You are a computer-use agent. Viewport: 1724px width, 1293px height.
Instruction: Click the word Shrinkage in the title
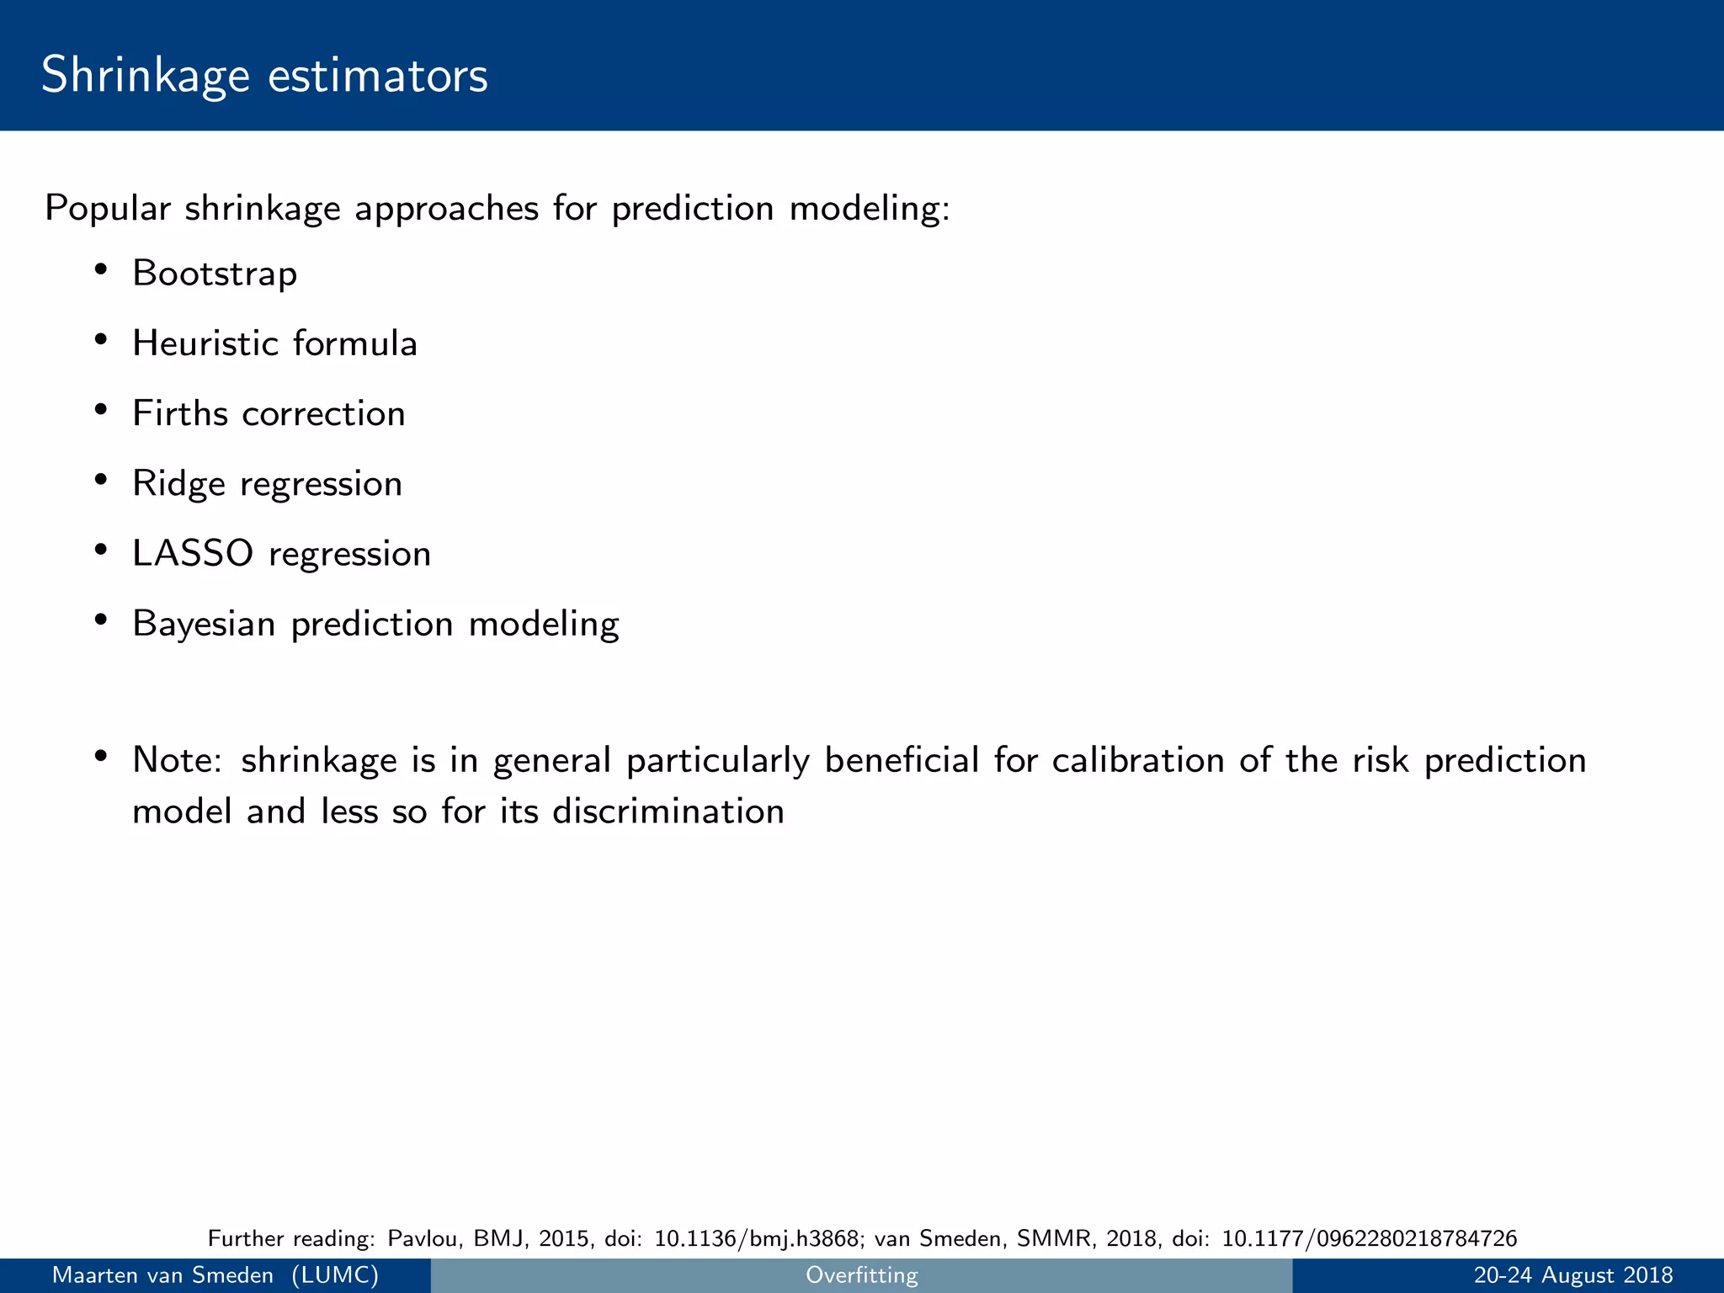(145, 76)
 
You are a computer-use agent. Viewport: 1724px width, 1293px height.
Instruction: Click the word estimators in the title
(378, 76)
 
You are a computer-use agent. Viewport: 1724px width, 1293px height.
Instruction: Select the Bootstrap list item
(215, 274)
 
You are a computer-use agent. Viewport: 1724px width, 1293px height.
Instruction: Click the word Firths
(179, 413)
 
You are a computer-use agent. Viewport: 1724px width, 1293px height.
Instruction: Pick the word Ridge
(178, 484)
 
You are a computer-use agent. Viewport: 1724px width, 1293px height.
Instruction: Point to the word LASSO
(193, 554)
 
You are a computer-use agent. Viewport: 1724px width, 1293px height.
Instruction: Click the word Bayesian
(204, 624)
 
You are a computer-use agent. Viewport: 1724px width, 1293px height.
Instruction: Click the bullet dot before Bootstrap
(100, 270)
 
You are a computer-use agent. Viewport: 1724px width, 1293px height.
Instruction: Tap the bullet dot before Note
(100, 755)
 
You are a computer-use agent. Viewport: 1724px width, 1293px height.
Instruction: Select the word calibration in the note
(1137, 760)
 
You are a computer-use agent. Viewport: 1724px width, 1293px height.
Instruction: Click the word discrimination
(668, 811)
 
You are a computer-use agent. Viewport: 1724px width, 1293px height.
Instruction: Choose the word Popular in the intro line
(107, 209)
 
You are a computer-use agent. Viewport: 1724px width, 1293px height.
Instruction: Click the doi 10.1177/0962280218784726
(1370, 1238)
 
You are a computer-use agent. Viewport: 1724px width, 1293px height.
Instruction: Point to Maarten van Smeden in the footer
(162, 1275)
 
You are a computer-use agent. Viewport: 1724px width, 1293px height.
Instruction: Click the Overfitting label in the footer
(861, 1275)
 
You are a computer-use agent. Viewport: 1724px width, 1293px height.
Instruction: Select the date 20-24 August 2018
(1572, 1275)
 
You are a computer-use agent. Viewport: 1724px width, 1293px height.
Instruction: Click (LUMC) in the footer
(335, 1275)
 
